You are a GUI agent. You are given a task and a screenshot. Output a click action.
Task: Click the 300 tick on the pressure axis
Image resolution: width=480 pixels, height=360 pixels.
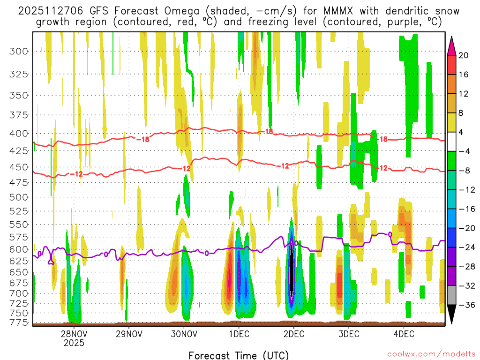19,51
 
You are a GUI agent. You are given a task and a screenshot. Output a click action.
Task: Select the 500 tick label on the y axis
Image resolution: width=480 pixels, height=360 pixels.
19,196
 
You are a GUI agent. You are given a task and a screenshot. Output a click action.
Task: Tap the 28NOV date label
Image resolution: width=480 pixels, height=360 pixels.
74,334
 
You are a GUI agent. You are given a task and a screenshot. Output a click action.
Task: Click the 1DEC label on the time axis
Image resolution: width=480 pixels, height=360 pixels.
239,334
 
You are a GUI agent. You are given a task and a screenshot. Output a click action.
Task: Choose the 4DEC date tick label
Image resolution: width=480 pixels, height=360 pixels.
404,334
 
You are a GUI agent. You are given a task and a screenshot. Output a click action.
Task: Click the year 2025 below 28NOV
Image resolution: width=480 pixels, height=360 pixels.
74,343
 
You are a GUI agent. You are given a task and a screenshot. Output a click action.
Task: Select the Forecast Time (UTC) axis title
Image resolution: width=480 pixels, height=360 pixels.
239,355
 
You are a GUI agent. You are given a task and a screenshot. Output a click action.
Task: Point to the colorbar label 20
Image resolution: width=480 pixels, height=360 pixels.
464,55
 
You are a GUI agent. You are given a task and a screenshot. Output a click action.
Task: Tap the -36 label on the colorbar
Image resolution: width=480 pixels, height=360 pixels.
465,305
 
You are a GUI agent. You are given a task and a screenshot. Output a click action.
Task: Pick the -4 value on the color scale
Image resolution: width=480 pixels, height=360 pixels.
464,151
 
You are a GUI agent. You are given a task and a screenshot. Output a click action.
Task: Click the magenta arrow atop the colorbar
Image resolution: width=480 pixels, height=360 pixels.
452,45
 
